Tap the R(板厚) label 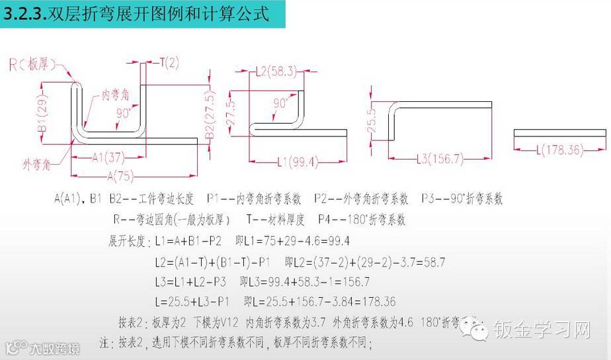[x=32, y=64]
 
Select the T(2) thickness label [x=169, y=63]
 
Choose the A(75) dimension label [x=118, y=175]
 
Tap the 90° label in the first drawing [x=124, y=113]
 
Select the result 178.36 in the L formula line [x=375, y=302]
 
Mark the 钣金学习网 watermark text [x=544, y=328]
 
